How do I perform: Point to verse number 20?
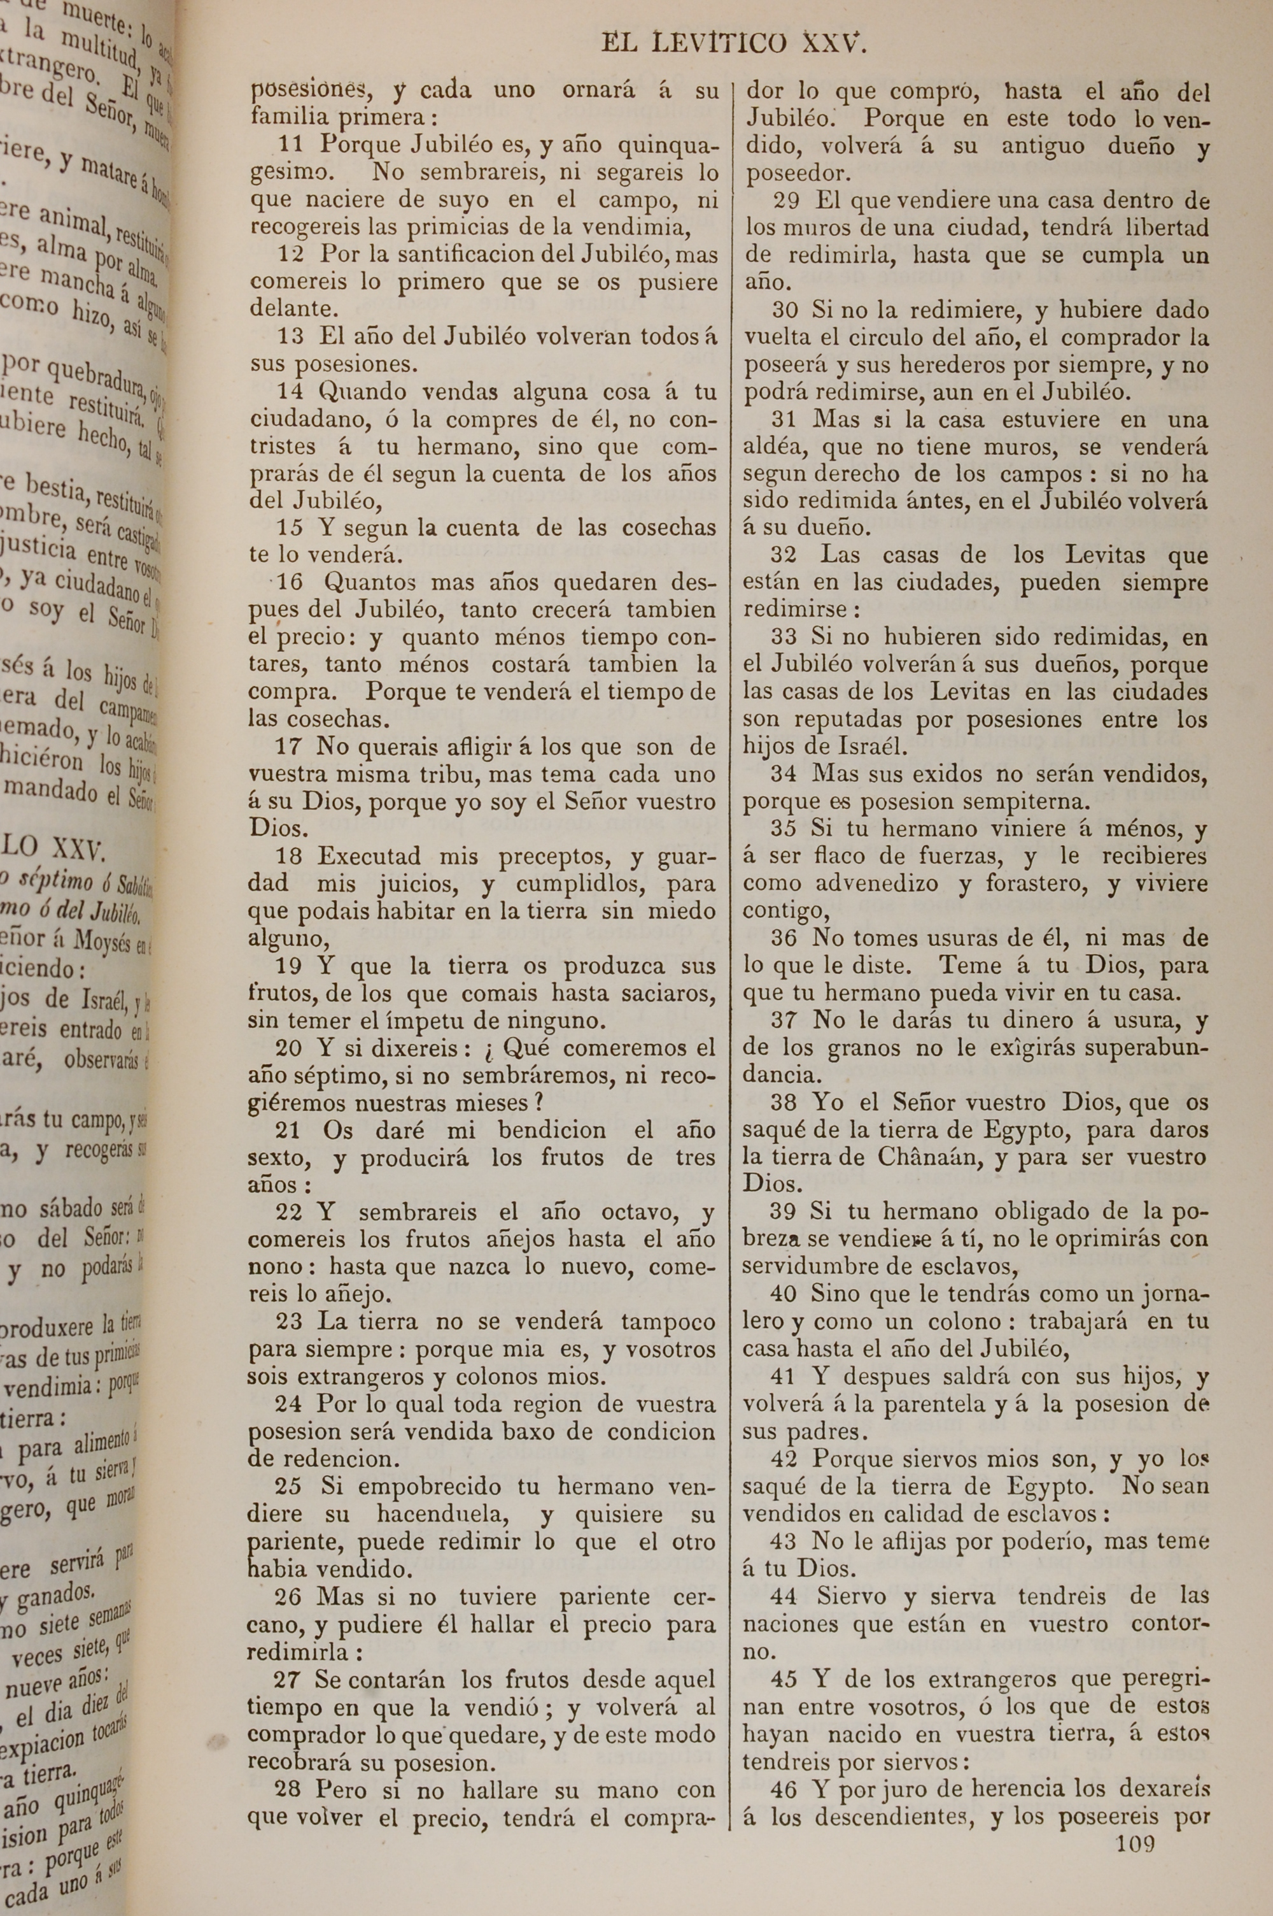[289, 1048]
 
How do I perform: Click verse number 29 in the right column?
[787, 200]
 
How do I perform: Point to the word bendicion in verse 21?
[552, 1130]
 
